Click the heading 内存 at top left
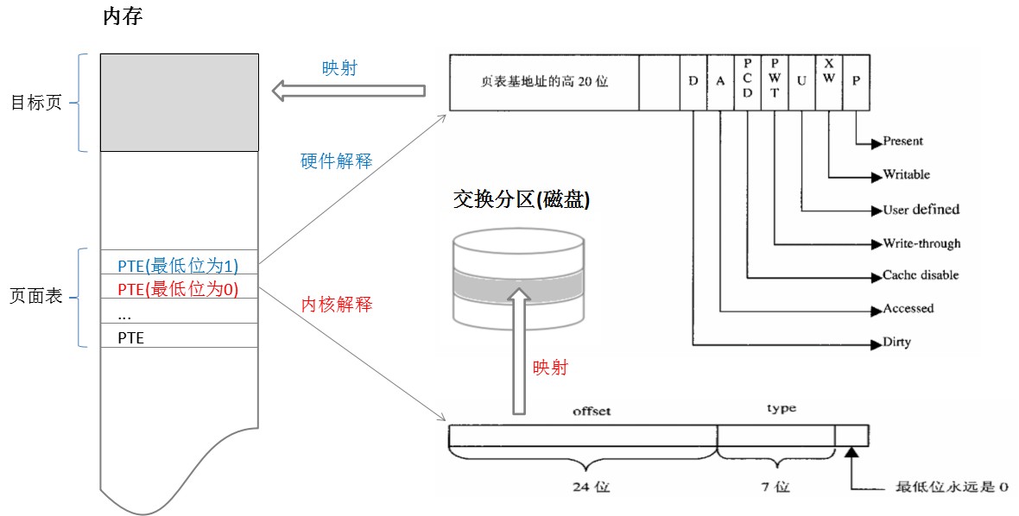[122, 18]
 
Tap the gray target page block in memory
[179, 102]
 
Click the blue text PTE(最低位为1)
[178, 265]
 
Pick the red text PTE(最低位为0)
[178, 288]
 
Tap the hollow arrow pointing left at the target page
[349, 90]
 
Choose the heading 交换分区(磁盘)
[522, 199]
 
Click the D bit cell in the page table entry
[693, 82]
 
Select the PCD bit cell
[747, 81]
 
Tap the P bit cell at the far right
[855, 82]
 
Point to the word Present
[902, 141]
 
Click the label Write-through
[921, 243]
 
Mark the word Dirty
[896, 343]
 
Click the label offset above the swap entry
[592, 411]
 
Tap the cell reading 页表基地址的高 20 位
[544, 82]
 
